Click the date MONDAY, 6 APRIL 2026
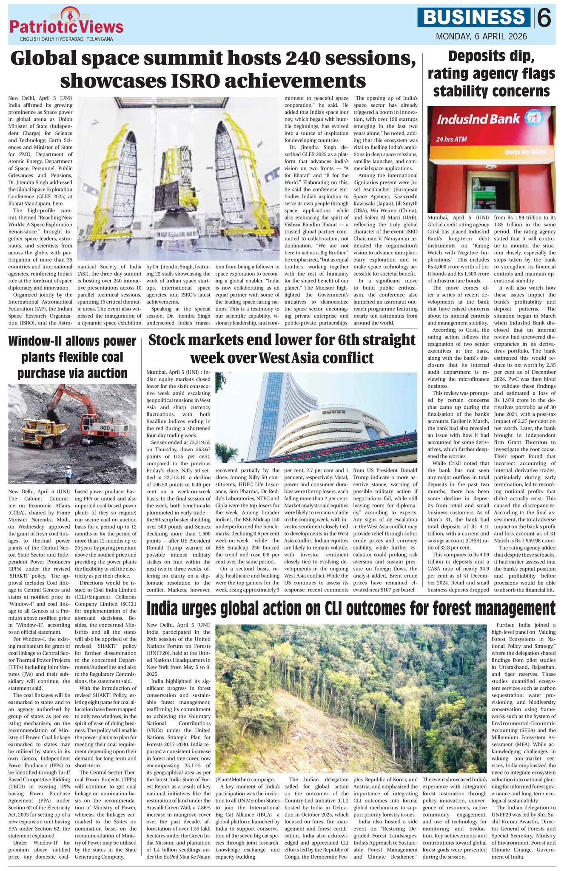(x=481, y=37)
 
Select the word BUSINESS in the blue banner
(x=474, y=17)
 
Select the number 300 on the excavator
(x=104, y=427)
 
